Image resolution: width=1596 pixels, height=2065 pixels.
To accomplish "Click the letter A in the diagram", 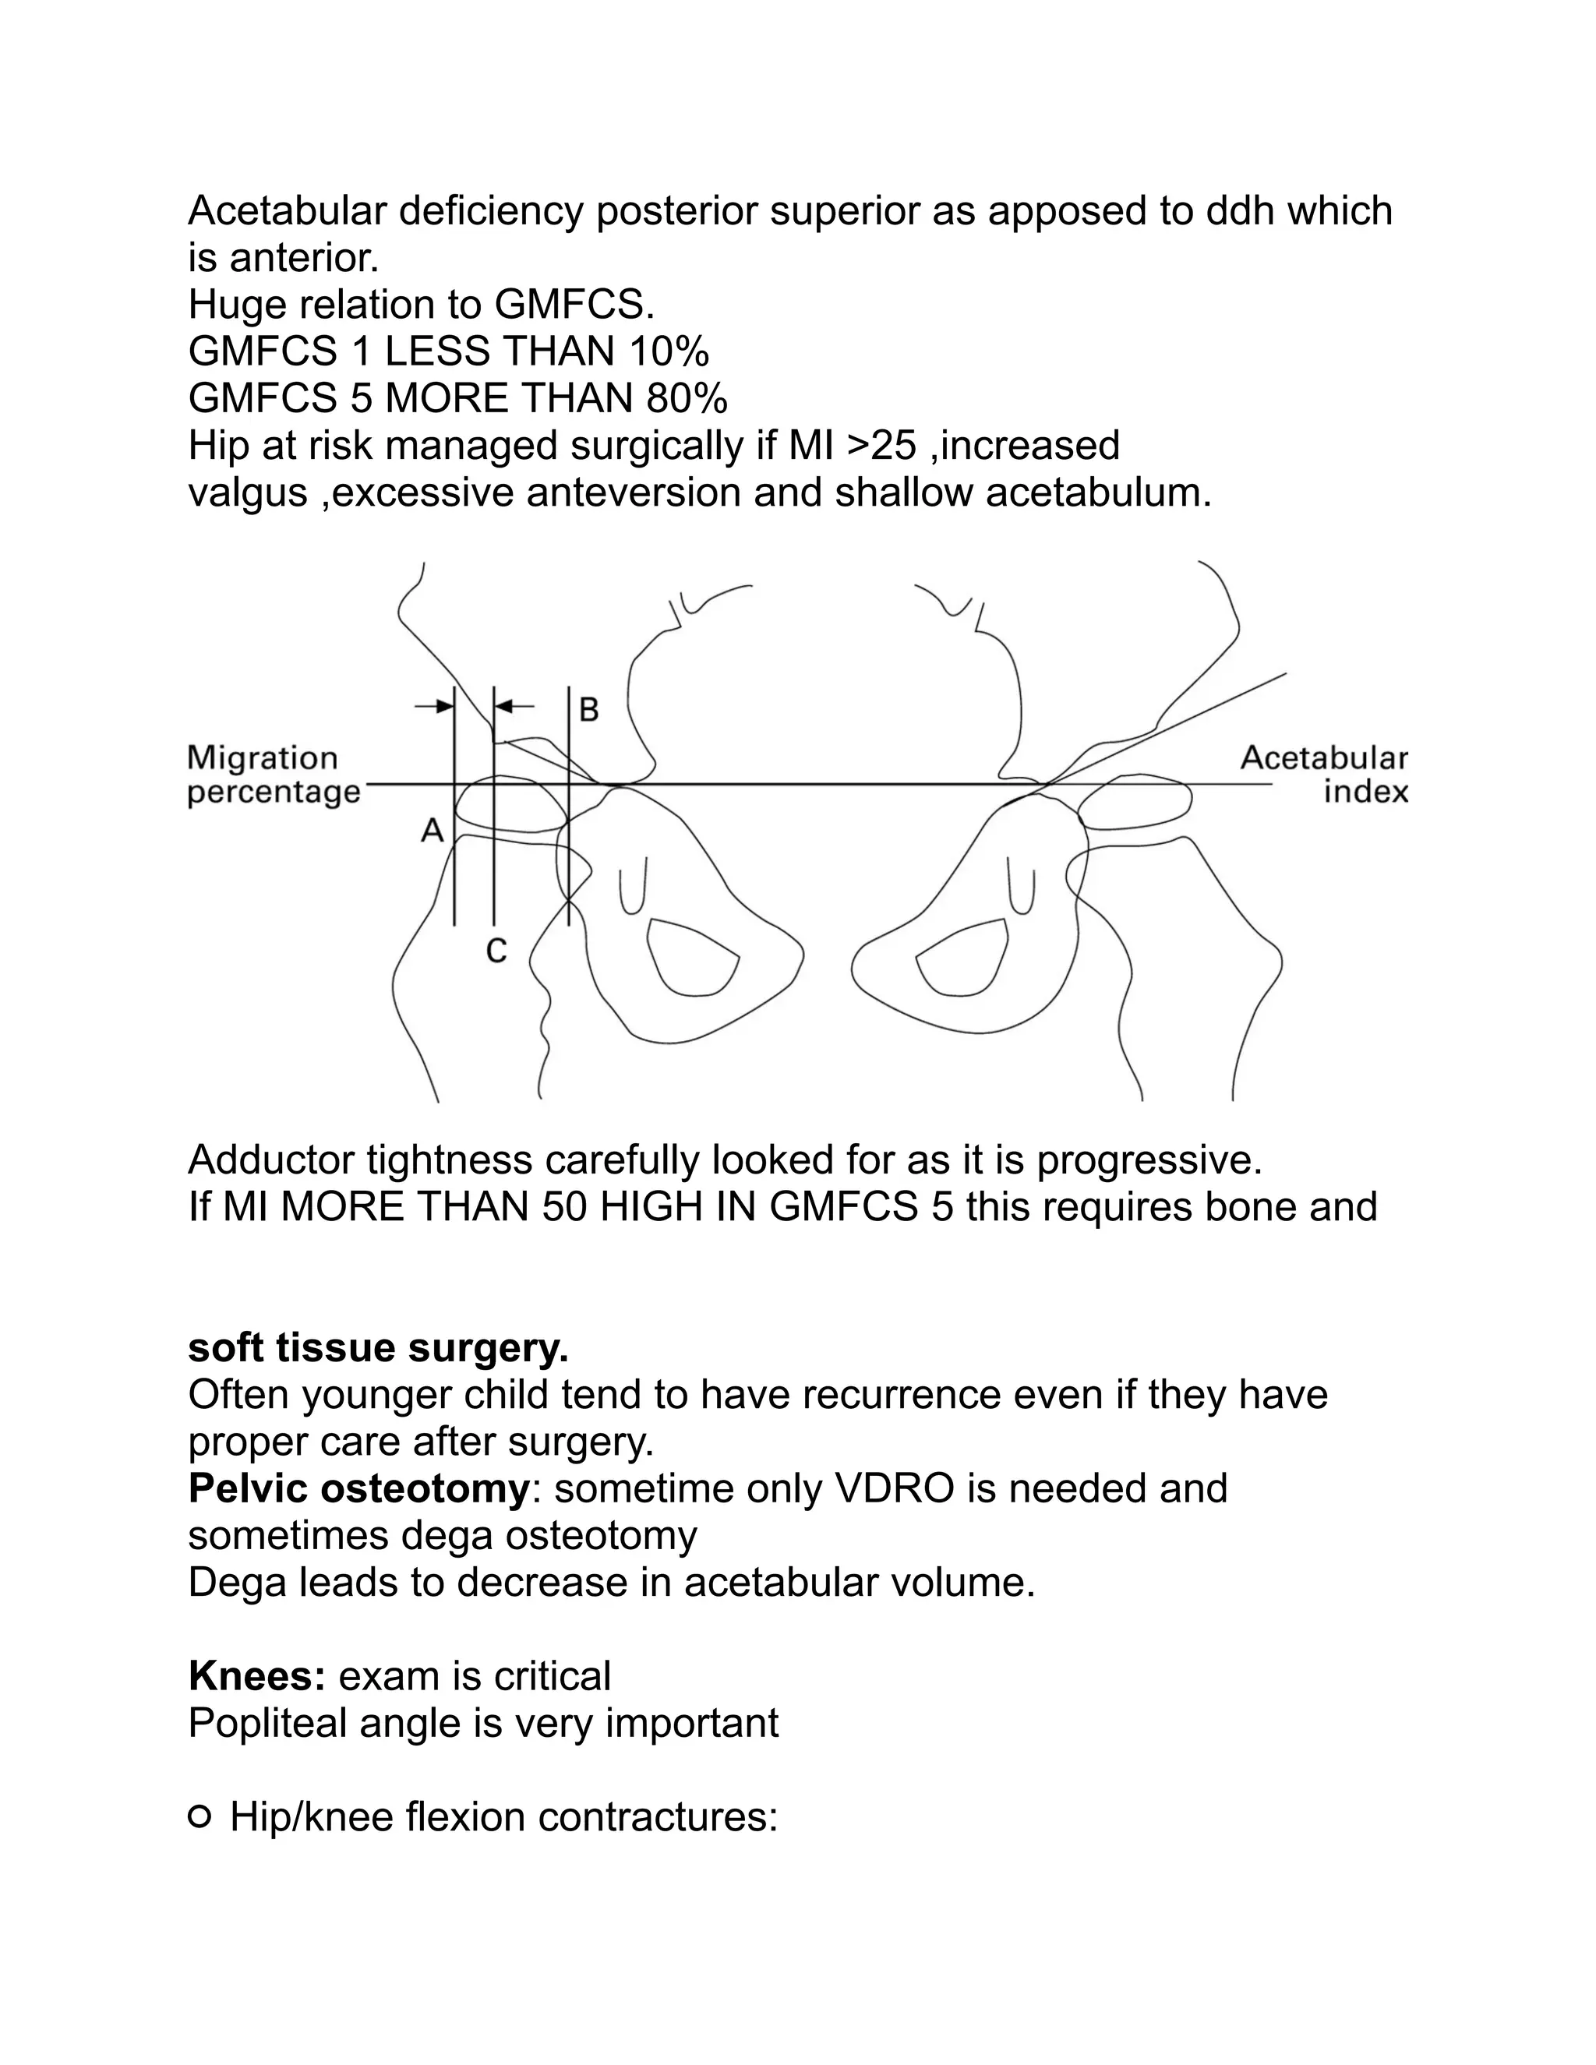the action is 432,831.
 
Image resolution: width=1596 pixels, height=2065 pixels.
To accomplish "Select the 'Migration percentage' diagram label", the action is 274,775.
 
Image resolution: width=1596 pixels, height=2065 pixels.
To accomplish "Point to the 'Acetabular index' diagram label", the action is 1324,775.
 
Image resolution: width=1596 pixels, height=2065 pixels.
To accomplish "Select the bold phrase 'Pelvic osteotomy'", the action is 359,1488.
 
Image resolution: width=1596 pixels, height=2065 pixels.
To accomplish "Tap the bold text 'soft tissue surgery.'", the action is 378,1347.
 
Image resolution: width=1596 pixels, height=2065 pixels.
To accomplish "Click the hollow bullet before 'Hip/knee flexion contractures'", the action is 199,1816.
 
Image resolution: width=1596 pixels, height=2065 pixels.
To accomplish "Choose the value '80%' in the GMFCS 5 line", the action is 687,399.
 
